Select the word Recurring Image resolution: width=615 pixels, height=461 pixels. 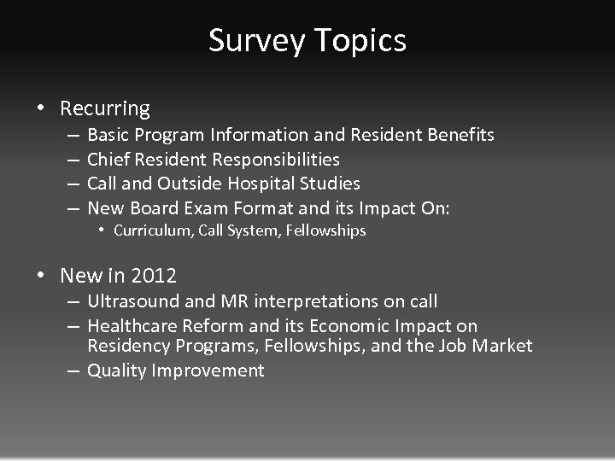point(105,108)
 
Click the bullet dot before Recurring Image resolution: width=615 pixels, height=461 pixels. point(41,108)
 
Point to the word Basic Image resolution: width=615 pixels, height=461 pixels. point(108,135)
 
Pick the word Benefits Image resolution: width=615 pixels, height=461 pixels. point(462,135)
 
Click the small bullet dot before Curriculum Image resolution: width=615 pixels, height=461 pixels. point(101,230)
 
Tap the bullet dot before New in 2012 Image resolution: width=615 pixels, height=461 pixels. point(41,276)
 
